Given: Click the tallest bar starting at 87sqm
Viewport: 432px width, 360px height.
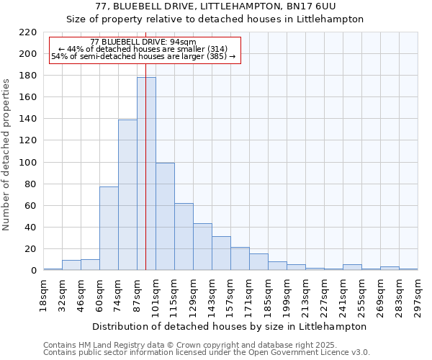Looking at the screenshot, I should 146,174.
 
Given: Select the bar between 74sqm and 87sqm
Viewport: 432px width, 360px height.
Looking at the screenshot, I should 127,195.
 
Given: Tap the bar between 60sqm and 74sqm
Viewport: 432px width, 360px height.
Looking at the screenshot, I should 109,228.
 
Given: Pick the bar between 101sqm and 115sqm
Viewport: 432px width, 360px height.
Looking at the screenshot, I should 165,217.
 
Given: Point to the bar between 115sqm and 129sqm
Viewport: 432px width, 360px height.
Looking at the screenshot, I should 184,237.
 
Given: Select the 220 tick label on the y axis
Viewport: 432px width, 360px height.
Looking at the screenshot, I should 28,32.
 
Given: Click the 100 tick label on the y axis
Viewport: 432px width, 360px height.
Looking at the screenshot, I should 28,163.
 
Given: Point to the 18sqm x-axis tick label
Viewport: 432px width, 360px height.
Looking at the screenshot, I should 43,296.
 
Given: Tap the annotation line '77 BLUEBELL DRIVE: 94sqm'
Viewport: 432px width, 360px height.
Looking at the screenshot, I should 143,42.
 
